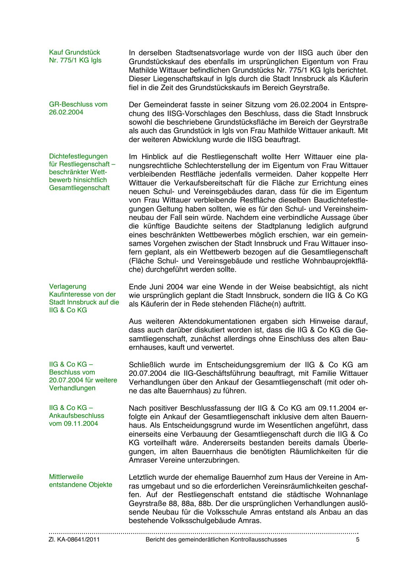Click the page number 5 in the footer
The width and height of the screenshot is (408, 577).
(358, 540)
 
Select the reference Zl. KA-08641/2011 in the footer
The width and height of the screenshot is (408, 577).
(74, 540)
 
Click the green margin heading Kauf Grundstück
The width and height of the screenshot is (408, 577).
(74, 52)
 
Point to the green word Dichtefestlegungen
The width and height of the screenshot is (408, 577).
(78, 156)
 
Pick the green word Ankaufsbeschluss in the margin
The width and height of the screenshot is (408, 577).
(76, 416)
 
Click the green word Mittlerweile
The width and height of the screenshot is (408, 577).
(66, 477)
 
